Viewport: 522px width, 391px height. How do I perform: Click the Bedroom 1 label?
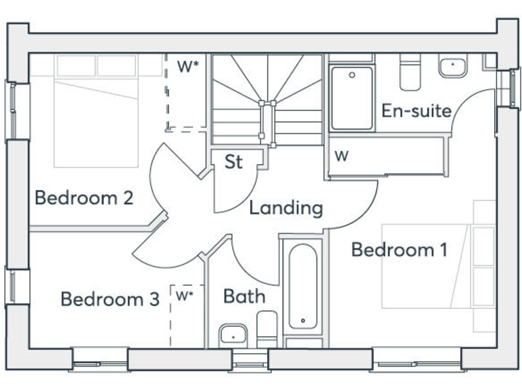[x=399, y=250]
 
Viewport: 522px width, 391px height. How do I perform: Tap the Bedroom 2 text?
[x=84, y=198]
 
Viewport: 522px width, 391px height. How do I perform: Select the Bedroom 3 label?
[x=109, y=299]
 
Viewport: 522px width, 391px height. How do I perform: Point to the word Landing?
[x=285, y=207]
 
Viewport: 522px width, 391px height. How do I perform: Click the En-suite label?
[x=416, y=110]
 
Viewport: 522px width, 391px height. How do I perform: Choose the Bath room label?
[x=244, y=296]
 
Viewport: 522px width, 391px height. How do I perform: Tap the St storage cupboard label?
[x=234, y=162]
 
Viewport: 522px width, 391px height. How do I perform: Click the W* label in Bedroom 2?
[x=188, y=67]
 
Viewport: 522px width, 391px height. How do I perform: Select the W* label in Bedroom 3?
[x=184, y=295]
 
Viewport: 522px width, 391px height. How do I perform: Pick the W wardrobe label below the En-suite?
[x=342, y=156]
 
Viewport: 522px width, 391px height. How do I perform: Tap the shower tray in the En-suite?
[x=351, y=98]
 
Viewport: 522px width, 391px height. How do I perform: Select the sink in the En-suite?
[x=451, y=67]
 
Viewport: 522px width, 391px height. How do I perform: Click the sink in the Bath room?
[x=232, y=335]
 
